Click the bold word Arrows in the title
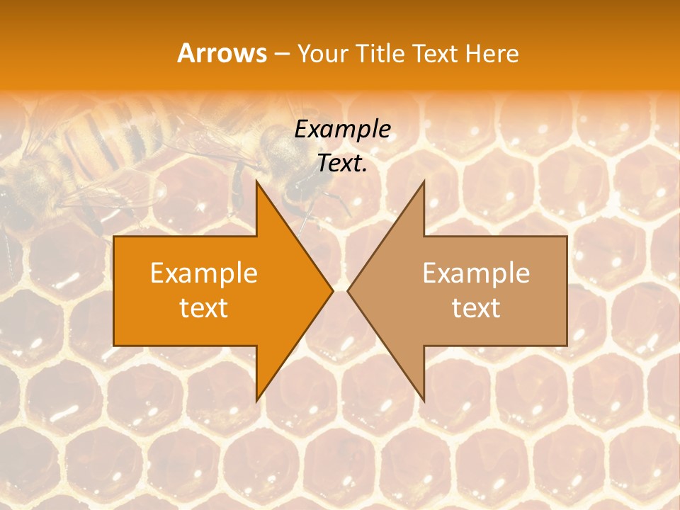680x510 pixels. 222,53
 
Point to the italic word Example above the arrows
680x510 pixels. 342,129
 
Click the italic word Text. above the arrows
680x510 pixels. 342,163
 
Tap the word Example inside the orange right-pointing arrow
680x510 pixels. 204,273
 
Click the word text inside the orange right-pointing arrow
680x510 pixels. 204,308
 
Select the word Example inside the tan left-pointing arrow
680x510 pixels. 476,273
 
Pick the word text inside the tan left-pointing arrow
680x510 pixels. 476,308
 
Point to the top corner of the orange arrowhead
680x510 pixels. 256,183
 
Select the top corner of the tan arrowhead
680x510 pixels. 424,183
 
